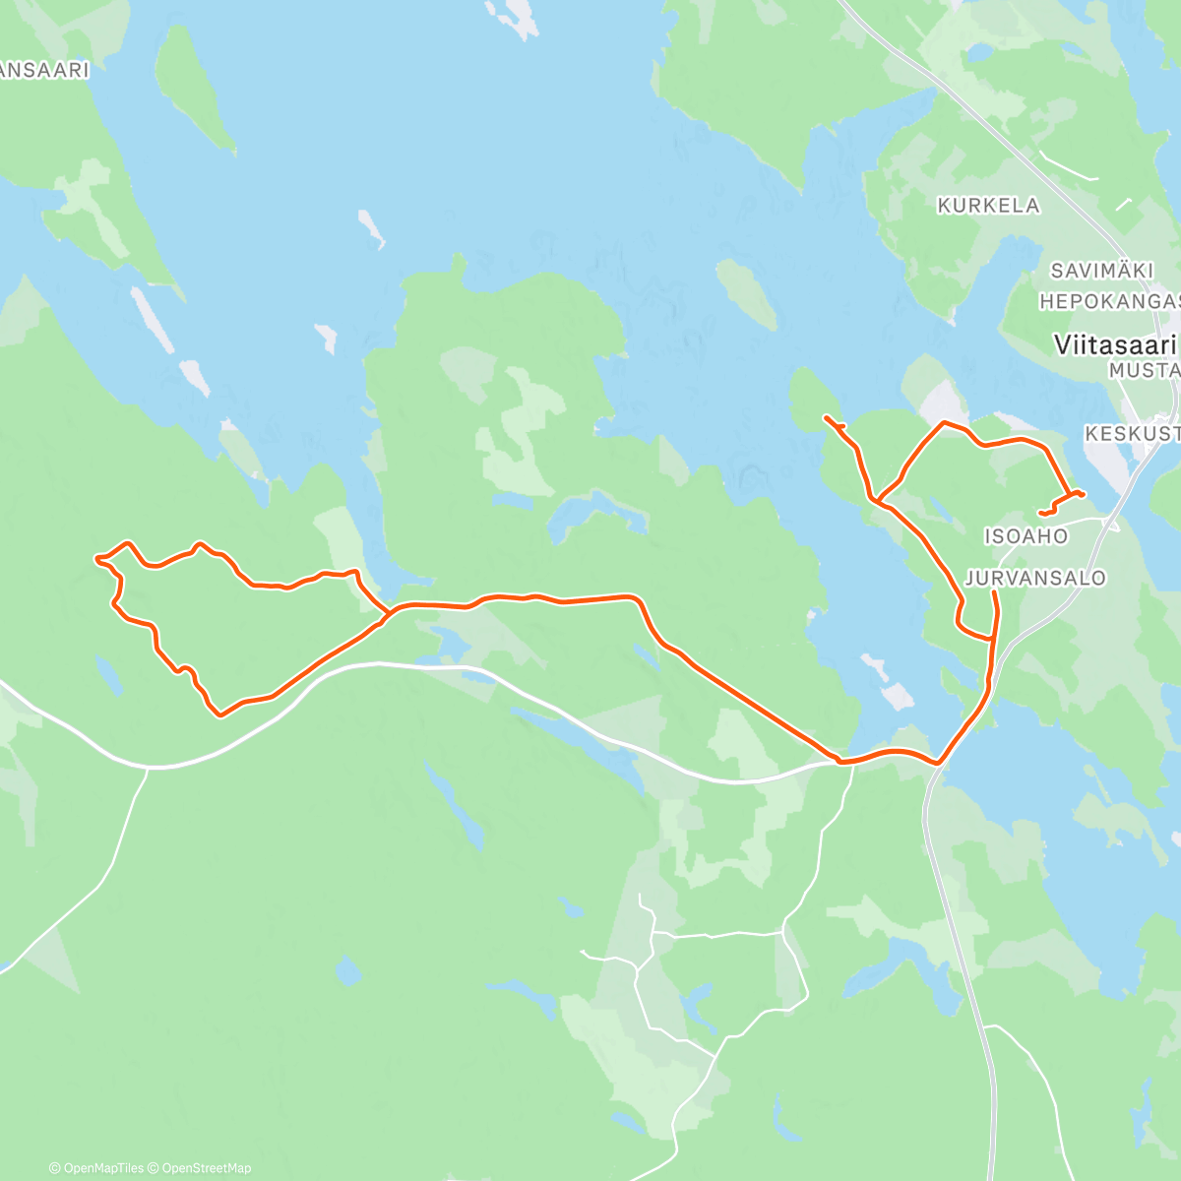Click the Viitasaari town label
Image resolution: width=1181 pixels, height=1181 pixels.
point(1115,345)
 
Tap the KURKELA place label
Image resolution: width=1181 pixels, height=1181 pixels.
point(988,206)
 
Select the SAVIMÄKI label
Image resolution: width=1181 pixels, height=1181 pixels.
point(1093,271)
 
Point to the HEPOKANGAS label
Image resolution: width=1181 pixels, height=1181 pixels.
point(1109,301)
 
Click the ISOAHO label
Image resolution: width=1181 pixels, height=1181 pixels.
point(1026,536)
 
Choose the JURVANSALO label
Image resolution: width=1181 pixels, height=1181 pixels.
point(1035,578)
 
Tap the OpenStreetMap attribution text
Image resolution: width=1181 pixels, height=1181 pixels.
point(206,1168)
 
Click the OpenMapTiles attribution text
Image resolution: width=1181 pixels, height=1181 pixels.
point(103,1168)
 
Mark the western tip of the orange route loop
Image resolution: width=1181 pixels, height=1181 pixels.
point(96,559)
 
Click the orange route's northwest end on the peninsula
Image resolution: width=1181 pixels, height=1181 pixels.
point(826,419)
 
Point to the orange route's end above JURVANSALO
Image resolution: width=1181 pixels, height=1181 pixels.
point(994,593)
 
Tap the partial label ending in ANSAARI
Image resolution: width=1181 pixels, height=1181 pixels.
point(44,71)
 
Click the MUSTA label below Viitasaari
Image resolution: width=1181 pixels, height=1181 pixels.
point(1144,371)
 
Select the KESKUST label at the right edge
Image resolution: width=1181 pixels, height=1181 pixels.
point(1132,434)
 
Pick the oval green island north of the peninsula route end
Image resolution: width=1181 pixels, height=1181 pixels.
point(746,293)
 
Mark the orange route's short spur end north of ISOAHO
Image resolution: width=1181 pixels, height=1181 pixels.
point(1041,513)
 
